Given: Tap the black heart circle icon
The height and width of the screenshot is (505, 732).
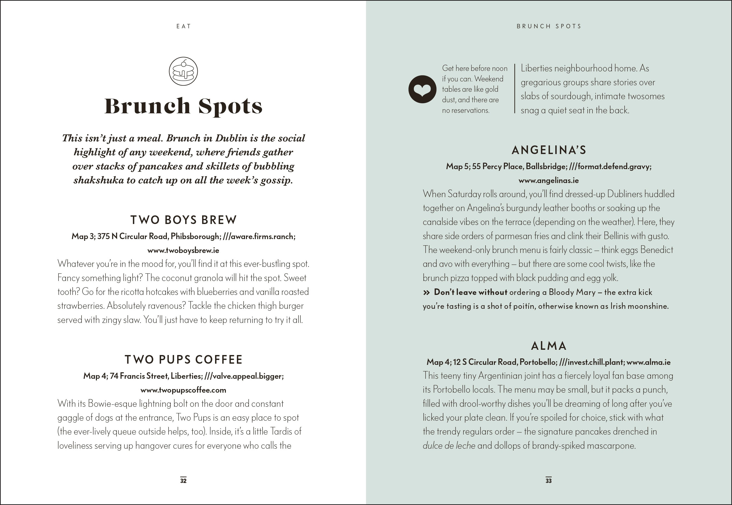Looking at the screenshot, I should coord(422,89).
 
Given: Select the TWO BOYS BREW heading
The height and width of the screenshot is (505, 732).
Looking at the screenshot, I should coord(183,220).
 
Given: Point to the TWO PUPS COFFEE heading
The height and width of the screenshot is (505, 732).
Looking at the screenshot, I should coord(183,359).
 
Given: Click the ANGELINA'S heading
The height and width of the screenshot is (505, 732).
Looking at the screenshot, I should coord(549,150).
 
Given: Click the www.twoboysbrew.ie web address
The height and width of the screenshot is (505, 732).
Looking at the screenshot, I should coord(183,250).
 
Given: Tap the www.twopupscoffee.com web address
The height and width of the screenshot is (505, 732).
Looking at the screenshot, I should coord(183,390).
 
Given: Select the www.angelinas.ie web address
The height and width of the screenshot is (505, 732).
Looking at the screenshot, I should coord(549,180).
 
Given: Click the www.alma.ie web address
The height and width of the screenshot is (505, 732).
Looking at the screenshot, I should coord(648,362).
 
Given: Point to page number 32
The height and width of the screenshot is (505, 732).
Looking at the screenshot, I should coord(183,480).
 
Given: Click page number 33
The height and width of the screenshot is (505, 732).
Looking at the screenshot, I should coord(549,480).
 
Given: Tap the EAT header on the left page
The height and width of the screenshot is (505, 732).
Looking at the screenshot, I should coord(183,26).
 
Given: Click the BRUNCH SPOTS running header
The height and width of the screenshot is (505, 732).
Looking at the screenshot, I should coord(549,26).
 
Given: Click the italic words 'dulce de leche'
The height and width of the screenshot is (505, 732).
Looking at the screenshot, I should coord(449,446).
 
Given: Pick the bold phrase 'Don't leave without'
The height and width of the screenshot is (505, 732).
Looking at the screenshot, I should coord(470,292).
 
